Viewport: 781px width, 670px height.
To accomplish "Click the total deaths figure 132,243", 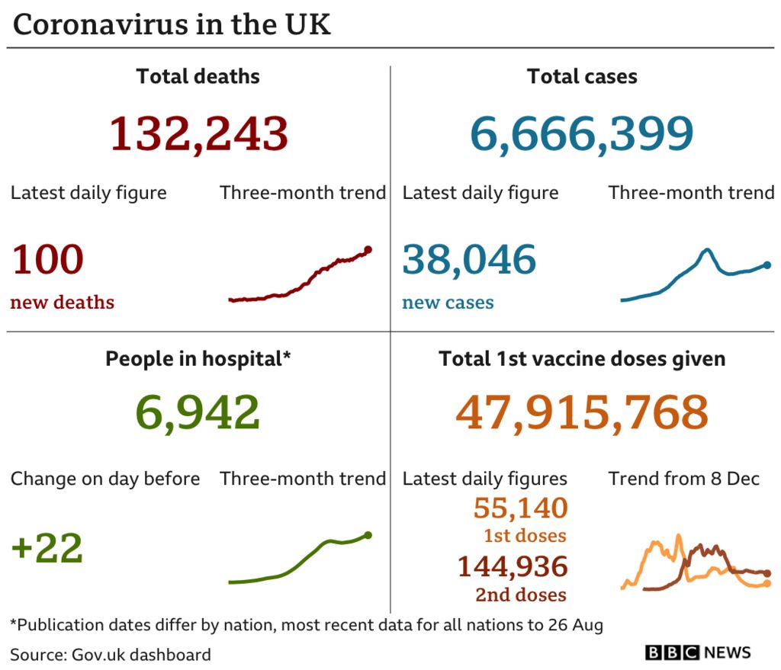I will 198,133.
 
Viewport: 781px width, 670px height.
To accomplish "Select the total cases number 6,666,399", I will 581,133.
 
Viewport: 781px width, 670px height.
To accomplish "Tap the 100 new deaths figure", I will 47,260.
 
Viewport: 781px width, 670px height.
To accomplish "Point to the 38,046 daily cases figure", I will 469,260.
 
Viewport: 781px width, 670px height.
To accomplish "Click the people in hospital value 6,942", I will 198,413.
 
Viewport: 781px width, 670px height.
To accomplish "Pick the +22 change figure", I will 47,549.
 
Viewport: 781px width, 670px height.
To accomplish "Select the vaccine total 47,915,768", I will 581,413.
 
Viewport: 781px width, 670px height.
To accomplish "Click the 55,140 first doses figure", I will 520,508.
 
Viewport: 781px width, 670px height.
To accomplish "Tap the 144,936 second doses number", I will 512,566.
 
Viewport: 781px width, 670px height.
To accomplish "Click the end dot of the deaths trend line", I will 368,249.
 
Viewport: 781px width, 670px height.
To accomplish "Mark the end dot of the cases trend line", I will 767,265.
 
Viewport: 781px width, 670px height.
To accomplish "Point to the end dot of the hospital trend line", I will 368,535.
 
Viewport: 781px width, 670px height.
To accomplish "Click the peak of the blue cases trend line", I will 708,250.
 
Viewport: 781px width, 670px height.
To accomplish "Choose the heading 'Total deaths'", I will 198,77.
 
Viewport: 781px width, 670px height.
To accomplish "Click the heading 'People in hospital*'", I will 198,359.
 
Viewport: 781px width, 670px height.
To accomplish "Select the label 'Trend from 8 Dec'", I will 683,479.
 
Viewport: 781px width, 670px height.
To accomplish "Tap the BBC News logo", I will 698,652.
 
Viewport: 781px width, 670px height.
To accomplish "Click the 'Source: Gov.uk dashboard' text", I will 111,654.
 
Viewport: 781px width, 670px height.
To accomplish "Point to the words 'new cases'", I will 448,303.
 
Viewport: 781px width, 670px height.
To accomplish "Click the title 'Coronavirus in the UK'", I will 172,25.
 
